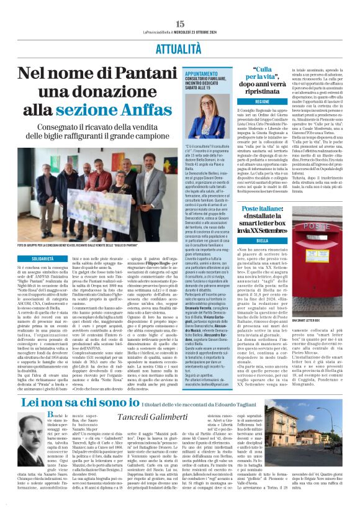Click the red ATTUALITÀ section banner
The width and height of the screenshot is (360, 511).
pos(180,47)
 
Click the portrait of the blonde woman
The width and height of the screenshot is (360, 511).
pos(228,116)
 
